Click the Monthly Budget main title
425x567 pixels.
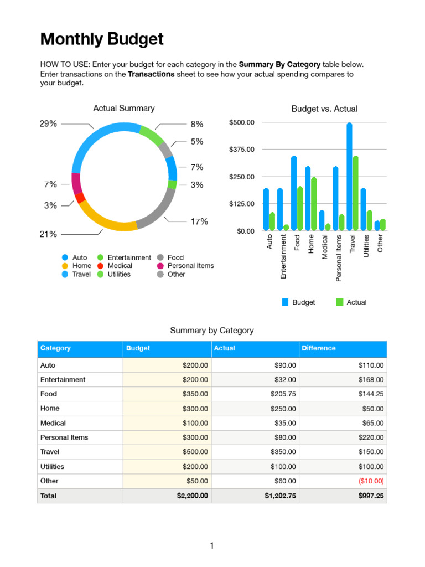(x=102, y=39)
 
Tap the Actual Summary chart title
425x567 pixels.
(x=123, y=109)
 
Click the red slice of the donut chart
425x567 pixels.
(x=80, y=197)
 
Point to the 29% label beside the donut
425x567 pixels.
(x=48, y=124)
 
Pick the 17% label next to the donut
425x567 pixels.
(x=199, y=222)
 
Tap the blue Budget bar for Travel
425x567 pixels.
(x=349, y=177)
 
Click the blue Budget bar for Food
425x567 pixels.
(x=294, y=193)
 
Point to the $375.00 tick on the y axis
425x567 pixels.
(x=241, y=150)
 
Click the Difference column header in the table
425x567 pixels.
(x=319, y=348)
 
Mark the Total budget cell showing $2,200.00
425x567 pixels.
(x=193, y=496)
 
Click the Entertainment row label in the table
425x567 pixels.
(x=63, y=380)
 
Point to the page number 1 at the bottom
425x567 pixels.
(x=212, y=546)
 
